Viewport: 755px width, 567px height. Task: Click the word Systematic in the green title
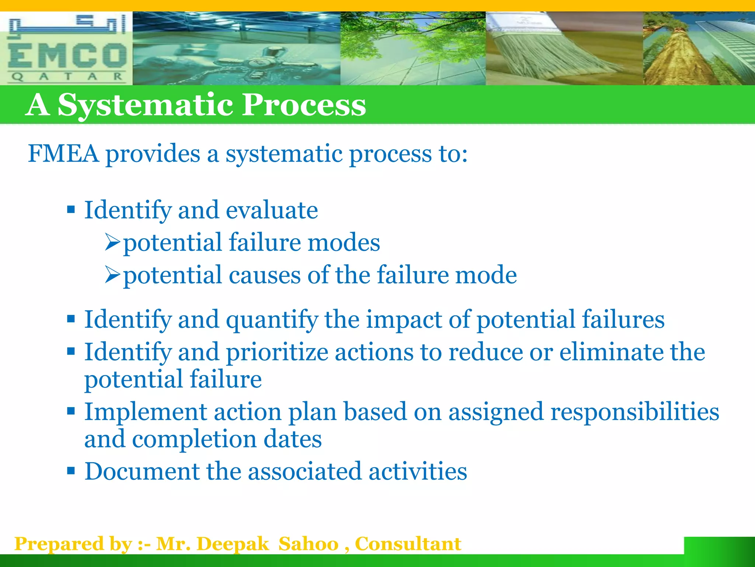click(146, 105)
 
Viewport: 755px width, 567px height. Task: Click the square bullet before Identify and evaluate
click(71, 210)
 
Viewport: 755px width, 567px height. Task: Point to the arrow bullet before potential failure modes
click(112, 242)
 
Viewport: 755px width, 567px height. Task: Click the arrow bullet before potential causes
click(112, 275)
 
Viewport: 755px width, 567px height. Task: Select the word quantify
click(272, 320)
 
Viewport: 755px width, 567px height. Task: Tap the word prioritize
click(277, 352)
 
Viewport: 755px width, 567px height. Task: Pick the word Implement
click(146, 412)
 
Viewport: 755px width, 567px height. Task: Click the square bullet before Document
click(71, 471)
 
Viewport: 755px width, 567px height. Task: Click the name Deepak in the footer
click(233, 544)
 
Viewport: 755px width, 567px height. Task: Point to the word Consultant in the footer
click(408, 544)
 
